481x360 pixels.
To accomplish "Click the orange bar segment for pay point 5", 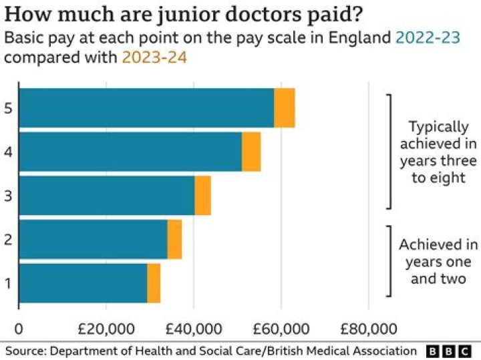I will pyautogui.click(x=285, y=108).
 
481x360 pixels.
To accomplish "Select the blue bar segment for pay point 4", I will pyautogui.click(x=130, y=152).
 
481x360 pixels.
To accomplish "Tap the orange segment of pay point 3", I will pyautogui.click(x=202, y=195).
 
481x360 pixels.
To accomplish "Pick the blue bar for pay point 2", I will pyautogui.click(x=93, y=239).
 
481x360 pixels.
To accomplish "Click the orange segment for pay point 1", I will pyautogui.click(x=154, y=283).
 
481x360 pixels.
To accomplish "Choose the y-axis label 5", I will pyautogui.click(x=7, y=108).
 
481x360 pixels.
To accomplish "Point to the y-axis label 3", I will pyautogui.click(x=7, y=196).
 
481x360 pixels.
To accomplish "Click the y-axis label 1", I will pyautogui.click(x=7, y=283).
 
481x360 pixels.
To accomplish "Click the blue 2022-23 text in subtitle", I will pyautogui.click(x=428, y=39).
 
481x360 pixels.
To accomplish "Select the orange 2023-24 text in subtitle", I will pyautogui.click(x=154, y=57).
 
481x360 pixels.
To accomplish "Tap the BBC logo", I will pyautogui.click(x=450, y=351).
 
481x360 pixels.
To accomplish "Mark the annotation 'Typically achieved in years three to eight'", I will pyautogui.click(x=438, y=152).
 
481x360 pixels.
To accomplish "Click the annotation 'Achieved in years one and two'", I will pyautogui.click(x=438, y=262).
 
